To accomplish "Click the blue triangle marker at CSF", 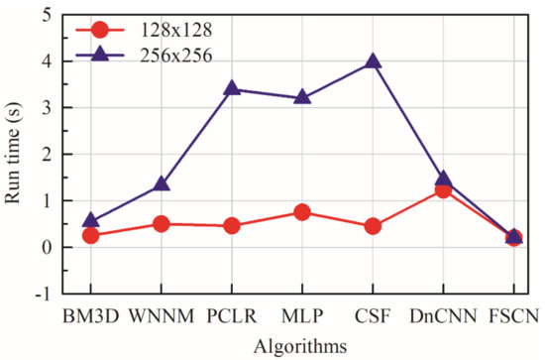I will pos(373,60).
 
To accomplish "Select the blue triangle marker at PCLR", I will pos(232,88).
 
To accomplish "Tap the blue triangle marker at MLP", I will pos(302,97).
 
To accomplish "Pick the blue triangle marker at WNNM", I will pos(162,184).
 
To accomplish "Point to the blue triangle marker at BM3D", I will pos(91,221).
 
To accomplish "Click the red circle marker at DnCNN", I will pos(443,190).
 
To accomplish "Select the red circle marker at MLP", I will pos(302,212).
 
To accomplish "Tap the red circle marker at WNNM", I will pos(162,224).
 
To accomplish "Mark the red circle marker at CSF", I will pos(373,226).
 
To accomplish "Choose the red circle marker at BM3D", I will pos(91,235).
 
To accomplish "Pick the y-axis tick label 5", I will pos(46,15).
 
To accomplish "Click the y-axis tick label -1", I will pos(42,295).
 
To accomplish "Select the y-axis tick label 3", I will pos(46,107).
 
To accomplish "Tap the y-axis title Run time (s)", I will pos(14,154).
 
